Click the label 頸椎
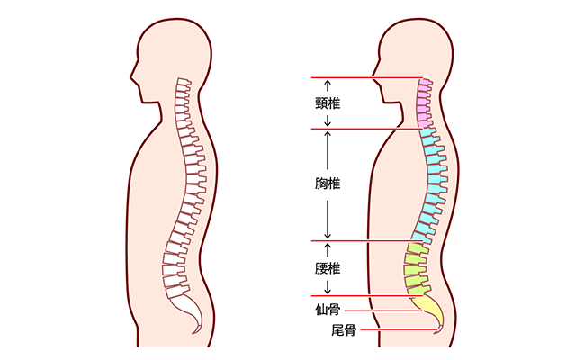pos(328,103)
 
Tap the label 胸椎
pos(328,184)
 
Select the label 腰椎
pos(328,268)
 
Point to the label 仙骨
pos(328,310)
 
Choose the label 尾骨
pos(344,329)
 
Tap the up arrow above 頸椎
pos(328,85)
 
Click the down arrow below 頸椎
pos(328,121)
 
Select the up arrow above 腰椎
pos(328,250)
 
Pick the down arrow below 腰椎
pos(328,287)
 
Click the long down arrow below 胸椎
pos(328,220)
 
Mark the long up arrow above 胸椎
pos(328,150)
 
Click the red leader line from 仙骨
pos(383,310)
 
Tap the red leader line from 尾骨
pos(400,329)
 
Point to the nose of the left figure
pos(132,77)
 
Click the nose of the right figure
pos(373,77)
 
